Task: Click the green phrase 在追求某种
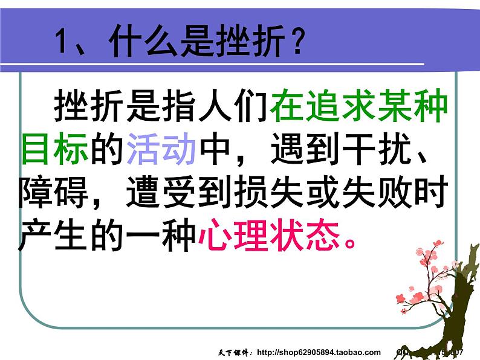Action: (x=360, y=108)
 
